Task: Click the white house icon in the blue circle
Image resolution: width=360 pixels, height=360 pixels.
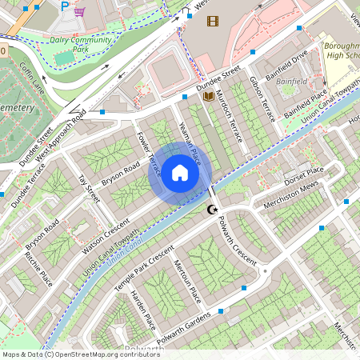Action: pyautogui.click(x=180, y=173)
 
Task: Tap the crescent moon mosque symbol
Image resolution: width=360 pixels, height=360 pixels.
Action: pyautogui.click(x=212, y=210)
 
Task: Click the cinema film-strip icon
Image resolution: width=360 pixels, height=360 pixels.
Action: pyautogui.click(x=212, y=20)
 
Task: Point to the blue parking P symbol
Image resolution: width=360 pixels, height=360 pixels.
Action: pyautogui.click(x=65, y=6)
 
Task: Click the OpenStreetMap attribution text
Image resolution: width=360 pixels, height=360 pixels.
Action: pyautogui.click(x=81, y=354)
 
